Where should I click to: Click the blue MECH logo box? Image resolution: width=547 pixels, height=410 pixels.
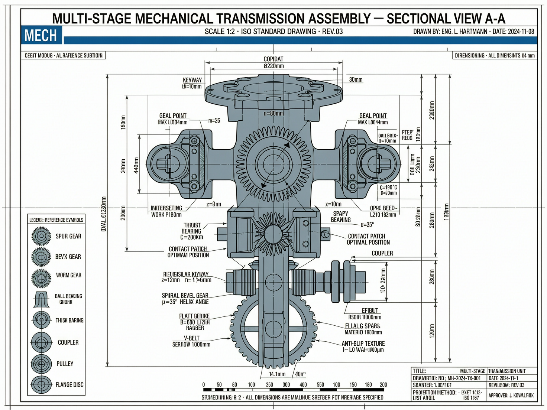click(x=41, y=35)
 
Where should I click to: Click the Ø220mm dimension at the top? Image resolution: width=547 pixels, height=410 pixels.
click(x=273, y=66)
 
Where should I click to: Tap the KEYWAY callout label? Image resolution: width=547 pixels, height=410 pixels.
click(x=192, y=80)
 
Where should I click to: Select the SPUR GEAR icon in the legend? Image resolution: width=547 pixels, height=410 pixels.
click(x=41, y=236)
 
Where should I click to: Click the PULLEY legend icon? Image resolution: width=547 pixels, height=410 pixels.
click(x=41, y=364)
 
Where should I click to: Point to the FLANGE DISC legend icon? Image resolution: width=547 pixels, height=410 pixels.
click(x=41, y=385)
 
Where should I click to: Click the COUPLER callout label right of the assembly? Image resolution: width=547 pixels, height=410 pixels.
click(x=382, y=253)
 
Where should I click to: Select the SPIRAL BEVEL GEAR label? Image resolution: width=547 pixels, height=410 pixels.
click(x=185, y=296)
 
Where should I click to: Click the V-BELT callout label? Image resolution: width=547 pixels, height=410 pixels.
click(x=191, y=338)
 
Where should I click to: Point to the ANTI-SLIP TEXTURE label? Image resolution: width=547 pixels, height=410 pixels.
click(x=363, y=344)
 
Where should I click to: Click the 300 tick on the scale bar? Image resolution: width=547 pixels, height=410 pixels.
click(x=286, y=385)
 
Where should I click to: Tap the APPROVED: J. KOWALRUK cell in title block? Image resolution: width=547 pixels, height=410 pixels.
click(x=511, y=396)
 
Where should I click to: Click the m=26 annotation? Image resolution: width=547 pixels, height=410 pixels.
click(x=214, y=120)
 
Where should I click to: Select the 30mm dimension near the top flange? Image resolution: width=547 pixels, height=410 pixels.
click(x=356, y=80)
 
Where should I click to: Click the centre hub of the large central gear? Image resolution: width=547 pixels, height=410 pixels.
click(x=273, y=164)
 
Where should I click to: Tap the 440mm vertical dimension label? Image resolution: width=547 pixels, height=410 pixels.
click(x=136, y=165)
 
